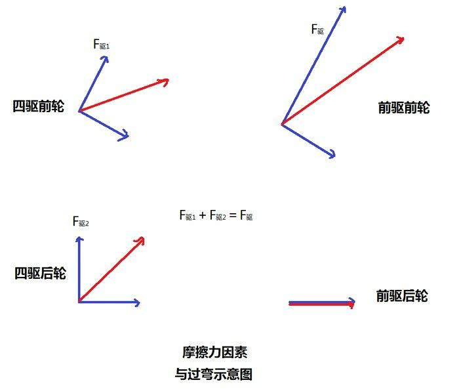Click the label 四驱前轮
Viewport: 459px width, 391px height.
[x=38, y=106]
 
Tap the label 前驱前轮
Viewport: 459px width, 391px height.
[x=404, y=108]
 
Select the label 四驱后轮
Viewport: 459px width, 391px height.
[x=41, y=273]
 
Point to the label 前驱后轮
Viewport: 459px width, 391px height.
[x=402, y=295]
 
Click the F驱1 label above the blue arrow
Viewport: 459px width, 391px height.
[x=101, y=44]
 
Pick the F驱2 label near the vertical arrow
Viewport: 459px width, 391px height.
[x=81, y=222]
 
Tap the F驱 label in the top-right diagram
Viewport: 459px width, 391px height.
[x=317, y=30]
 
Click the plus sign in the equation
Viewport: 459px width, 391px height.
[x=203, y=216]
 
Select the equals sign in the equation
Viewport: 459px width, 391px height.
[x=233, y=216]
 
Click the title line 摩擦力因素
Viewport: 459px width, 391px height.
[x=214, y=352]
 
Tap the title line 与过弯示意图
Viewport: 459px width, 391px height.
[x=214, y=374]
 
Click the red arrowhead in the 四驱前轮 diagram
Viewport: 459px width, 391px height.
[x=164, y=81]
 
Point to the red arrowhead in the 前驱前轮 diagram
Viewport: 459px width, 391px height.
[x=400, y=41]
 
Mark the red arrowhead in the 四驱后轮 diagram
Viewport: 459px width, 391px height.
[x=140, y=241]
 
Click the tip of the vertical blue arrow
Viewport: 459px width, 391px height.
[x=79, y=237]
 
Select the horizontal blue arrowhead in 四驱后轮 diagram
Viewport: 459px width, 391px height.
[x=136, y=302]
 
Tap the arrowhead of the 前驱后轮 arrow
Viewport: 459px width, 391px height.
[x=351, y=303]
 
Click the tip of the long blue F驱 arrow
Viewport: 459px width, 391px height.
[x=345, y=7]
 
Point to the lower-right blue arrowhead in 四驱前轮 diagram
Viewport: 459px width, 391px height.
[x=124, y=135]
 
